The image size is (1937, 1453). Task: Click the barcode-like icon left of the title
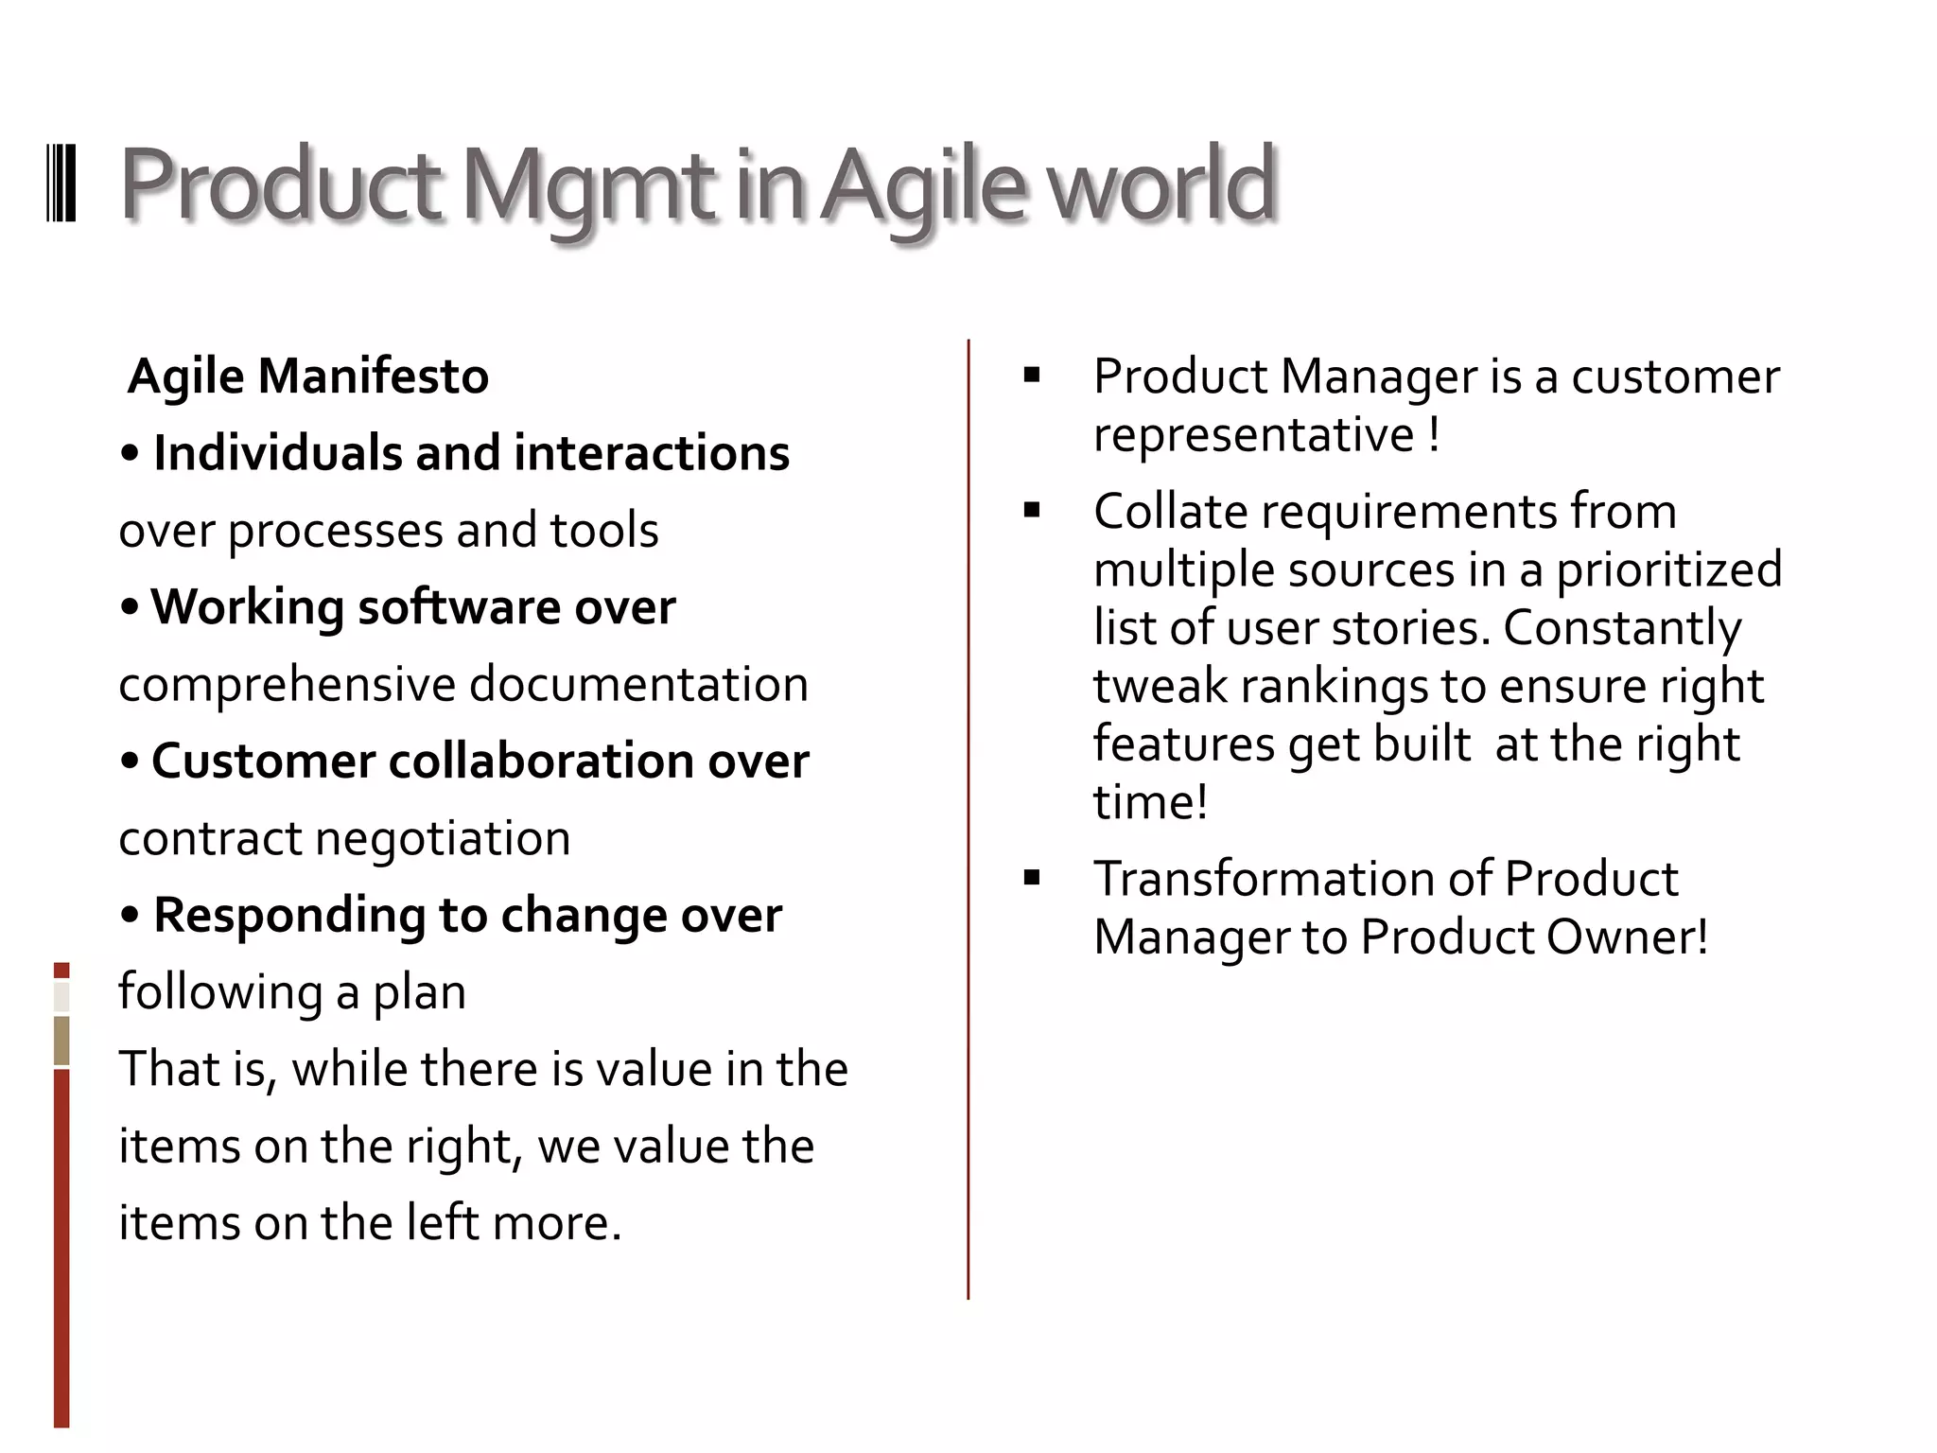coord(61,184)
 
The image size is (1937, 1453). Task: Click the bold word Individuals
coord(280,453)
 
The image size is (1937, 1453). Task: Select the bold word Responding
coord(289,916)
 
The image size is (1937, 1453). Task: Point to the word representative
coord(1253,436)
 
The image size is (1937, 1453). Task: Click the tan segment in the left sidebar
coord(61,1041)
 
